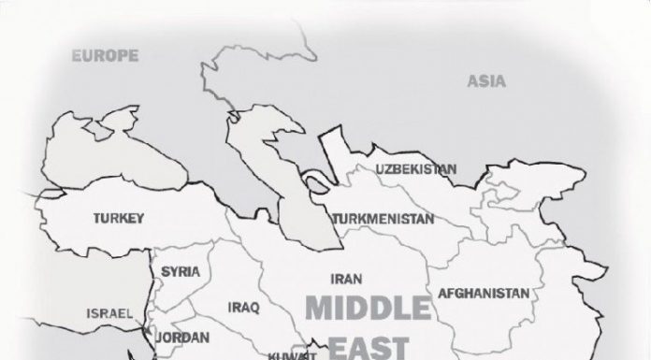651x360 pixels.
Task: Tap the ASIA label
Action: click(x=486, y=81)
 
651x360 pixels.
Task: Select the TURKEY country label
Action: click(x=119, y=219)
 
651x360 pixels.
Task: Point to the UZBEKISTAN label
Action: click(x=416, y=169)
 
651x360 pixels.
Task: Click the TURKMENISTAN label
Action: click(x=383, y=220)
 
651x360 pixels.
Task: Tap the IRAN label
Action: click(x=340, y=278)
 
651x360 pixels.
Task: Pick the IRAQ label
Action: click(x=242, y=307)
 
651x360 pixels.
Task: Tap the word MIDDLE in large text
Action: click(x=369, y=310)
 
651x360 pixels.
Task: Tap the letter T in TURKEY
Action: click(x=97, y=219)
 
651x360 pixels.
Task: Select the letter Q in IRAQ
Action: click(x=253, y=307)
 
